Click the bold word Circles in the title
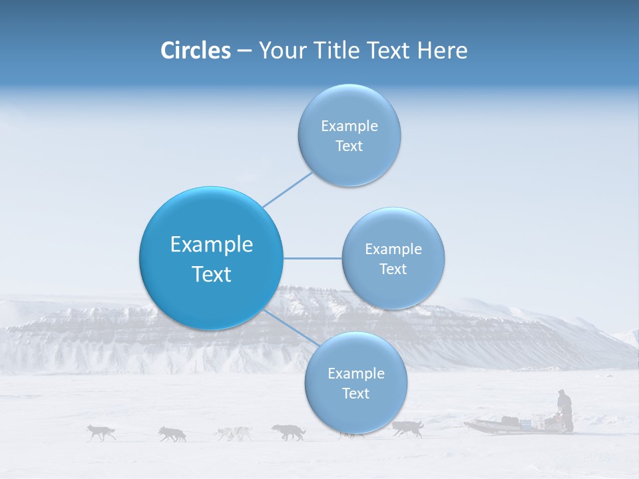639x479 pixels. [x=196, y=51]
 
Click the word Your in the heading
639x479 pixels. [x=280, y=51]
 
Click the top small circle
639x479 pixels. [x=349, y=135]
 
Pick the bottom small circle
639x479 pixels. [x=355, y=383]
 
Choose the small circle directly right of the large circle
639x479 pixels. [x=393, y=258]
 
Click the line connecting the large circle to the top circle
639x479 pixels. [x=288, y=189]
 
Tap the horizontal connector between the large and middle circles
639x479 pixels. [x=312, y=258]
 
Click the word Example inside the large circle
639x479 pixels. [x=212, y=245]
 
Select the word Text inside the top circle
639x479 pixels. [x=349, y=146]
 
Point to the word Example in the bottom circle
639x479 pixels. [x=355, y=373]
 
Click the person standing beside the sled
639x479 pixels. [x=564, y=410]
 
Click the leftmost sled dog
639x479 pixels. [x=101, y=432]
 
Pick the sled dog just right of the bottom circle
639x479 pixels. [x=407, y=428]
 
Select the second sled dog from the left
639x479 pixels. [x=172, y=434]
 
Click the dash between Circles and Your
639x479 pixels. [x=244, y=51]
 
